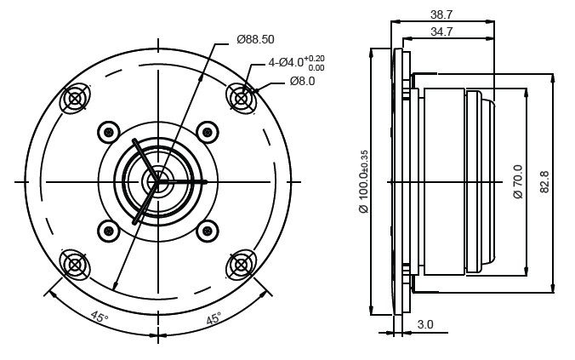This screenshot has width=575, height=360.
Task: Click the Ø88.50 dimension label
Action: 255,39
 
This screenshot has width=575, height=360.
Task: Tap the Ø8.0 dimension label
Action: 302,81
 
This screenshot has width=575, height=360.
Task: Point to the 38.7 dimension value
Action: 441,14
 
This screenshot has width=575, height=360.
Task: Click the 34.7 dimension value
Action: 441,32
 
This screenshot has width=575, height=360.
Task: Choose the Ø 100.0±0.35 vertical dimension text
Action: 364,181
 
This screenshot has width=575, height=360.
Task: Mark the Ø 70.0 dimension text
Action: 518,181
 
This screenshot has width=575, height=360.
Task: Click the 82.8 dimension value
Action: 544,181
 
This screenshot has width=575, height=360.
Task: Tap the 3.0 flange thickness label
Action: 425,324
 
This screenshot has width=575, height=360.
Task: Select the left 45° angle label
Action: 100,317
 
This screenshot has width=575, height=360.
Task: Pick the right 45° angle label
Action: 213,317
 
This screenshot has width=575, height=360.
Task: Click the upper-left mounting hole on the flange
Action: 75,99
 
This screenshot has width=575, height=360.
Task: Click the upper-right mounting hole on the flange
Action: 241,99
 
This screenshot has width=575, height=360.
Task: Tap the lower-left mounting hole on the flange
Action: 75,265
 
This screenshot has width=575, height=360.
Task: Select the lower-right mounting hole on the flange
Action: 241,265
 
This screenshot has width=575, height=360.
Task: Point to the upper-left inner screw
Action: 109,132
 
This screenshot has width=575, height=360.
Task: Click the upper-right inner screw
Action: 208,132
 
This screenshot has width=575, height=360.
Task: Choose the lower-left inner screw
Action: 109,231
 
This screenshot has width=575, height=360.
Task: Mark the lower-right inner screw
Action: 208,231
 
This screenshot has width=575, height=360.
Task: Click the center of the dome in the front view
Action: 158,181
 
